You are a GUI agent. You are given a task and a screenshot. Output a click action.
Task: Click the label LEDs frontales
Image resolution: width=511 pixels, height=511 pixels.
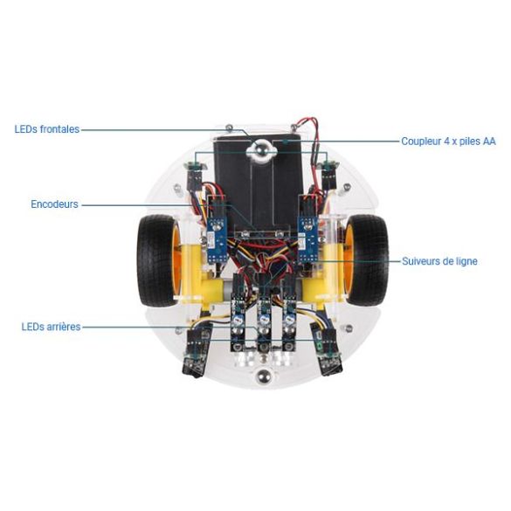[x=47, y=129]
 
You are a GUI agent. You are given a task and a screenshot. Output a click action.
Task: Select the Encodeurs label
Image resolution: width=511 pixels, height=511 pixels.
[x=54, y=204]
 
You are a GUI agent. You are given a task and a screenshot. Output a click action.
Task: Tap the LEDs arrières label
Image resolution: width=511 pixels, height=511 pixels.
[x=51, y=327]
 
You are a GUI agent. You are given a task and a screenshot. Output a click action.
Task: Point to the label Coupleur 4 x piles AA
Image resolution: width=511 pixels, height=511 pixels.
[x=448, y=142]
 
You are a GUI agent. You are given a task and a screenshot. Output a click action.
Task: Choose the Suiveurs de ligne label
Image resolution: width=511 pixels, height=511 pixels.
[x=439, y=261]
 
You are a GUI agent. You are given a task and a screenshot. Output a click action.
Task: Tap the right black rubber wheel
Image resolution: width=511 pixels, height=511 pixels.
[x=366, y=260]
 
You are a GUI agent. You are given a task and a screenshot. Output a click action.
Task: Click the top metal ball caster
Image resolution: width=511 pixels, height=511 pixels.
[x=261, y=150]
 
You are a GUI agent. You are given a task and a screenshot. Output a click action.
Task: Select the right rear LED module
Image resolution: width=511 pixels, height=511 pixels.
[x=327, y=349]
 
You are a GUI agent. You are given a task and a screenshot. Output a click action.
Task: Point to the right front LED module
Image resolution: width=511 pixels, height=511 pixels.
[x=329, y=175]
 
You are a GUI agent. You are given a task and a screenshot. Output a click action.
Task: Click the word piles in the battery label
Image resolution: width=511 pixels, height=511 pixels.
[x=470, y=142]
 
